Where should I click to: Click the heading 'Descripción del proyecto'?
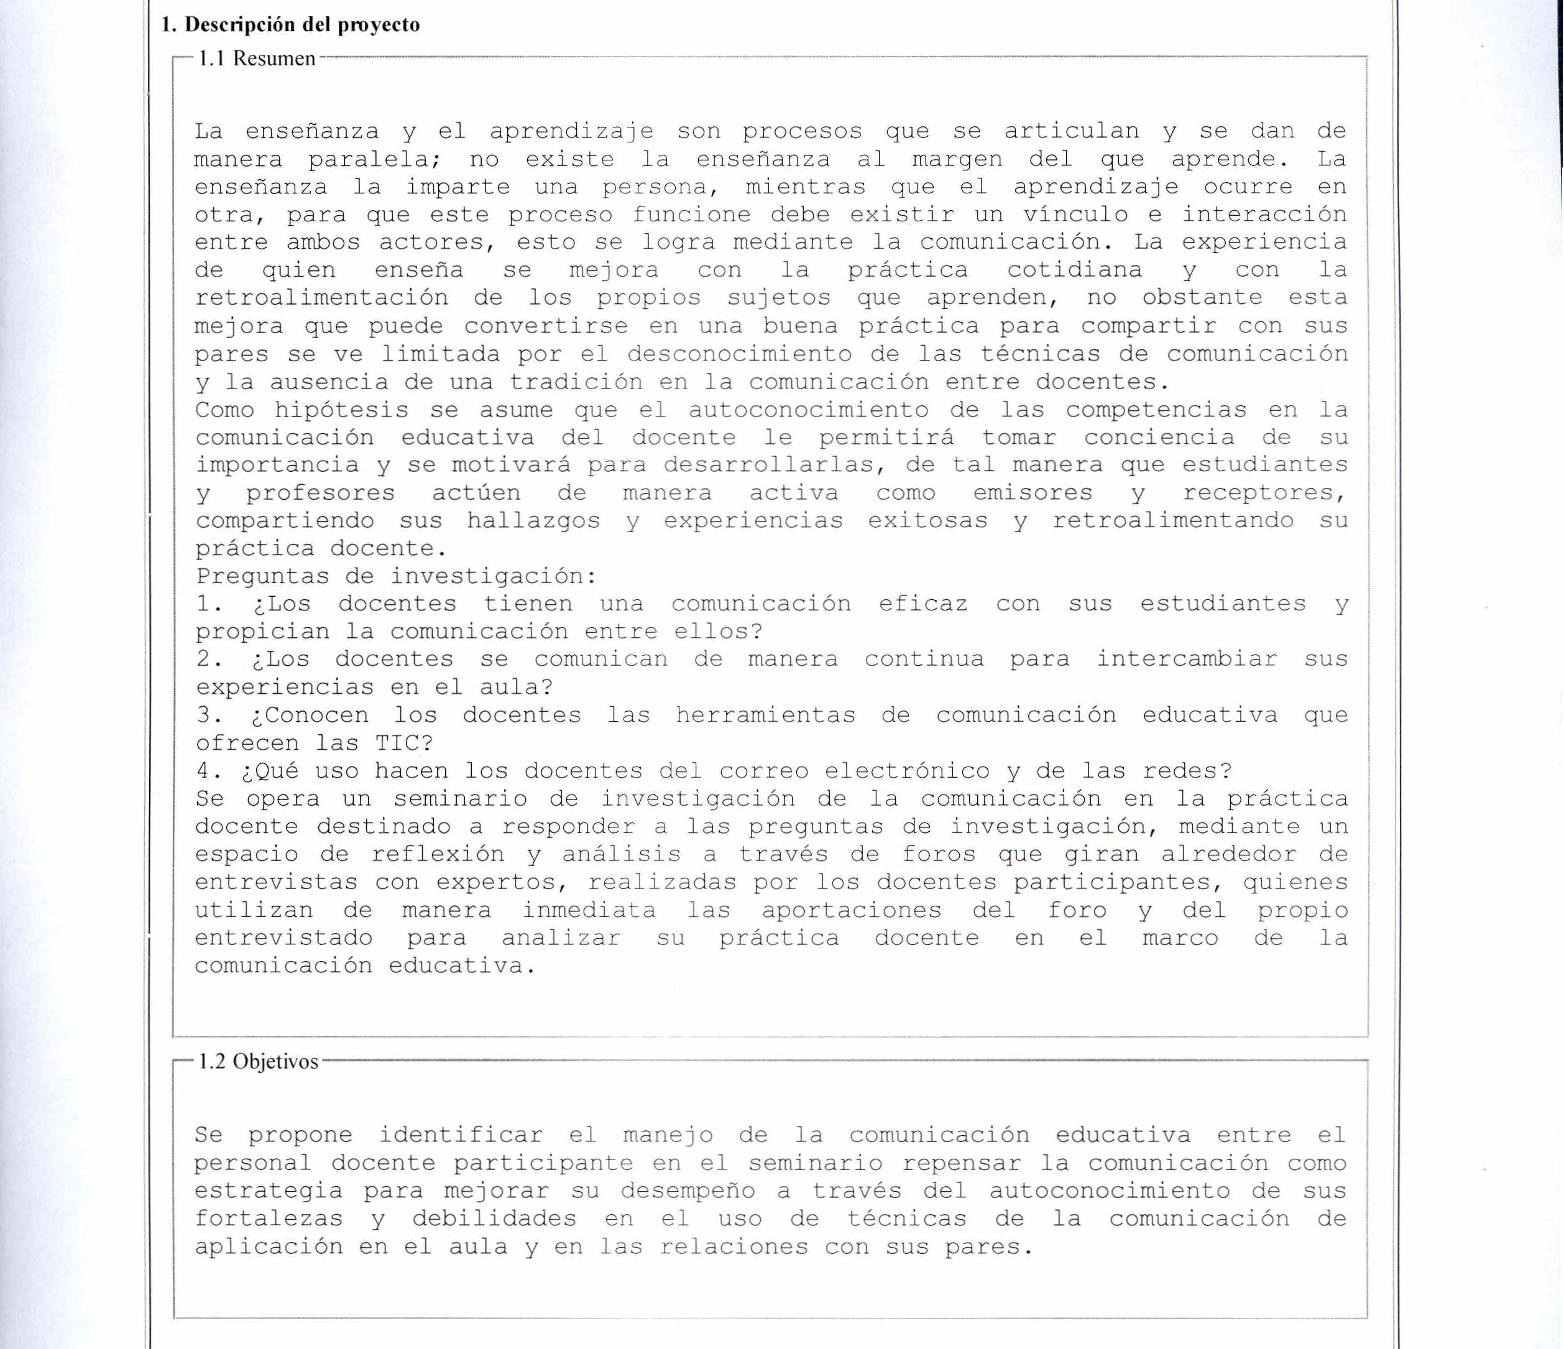pyautogui.click(x=302, y=25)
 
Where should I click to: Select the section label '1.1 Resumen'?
pyautogui.click(x=256, y=59)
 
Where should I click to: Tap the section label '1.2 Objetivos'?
pyautogui.click(x=257, y=1061)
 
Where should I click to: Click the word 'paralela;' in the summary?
pyautogui.click(x=374, y=160)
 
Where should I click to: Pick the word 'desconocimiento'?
pyautogui.click(x=739, y=354)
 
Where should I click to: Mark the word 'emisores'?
pyautogui.click(x=1032, y=494)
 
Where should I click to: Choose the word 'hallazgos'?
pyautogui.click(x=533, y=522)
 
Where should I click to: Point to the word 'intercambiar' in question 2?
pyautogui.click(x=1187, y=660)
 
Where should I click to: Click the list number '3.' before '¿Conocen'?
pyautogui.click(x=208, y=716)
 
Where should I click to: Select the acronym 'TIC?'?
pyautogui.click(x=404, y=744)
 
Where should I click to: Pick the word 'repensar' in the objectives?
pyautogui.click(x=961, y=1163)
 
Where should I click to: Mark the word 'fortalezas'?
pyautogui.click(x=268, y=1219)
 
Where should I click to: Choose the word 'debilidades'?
pyautogui.click(x=494, y=1219)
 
